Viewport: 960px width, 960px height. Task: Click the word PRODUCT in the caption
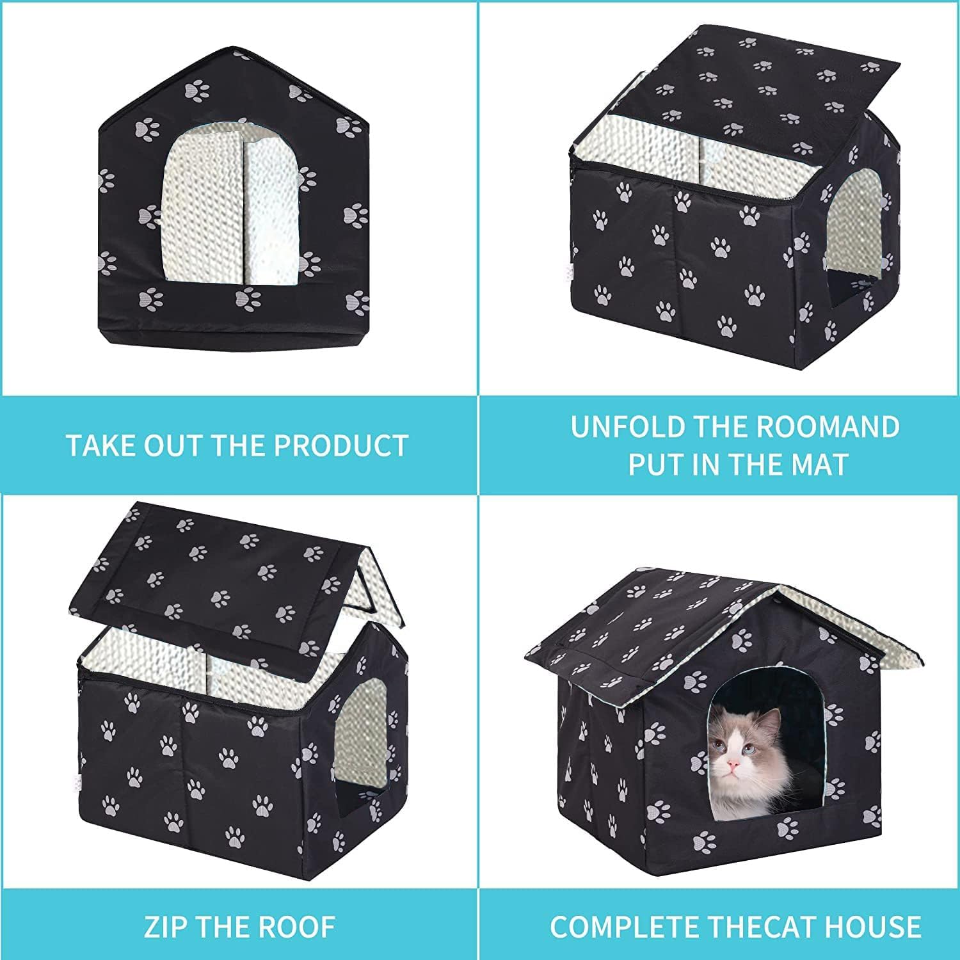pyautogui.click(x=342, y=445)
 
